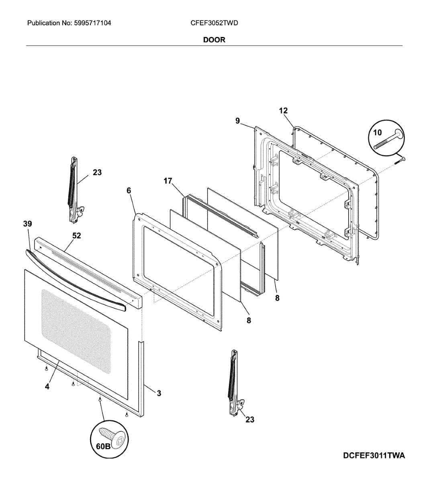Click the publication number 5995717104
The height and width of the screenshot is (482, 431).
click(x=92, y=23)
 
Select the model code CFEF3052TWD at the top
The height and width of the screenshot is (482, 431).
click(x=214, y=23)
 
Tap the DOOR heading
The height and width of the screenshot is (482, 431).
click(x=214, y=40)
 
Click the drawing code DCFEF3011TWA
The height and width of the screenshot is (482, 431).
click(x=374, y=455)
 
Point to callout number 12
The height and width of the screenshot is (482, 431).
click(x=283, y=110)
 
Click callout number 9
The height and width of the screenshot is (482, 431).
click(x=237, y=121)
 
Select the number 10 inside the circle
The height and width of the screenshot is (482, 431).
click(x=377, y=133)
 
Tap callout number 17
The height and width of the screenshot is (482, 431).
click(x=168, y=181)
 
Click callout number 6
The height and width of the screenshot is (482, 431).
click(x=129, y=190)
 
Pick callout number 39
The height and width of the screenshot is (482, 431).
click(x=28, y=224)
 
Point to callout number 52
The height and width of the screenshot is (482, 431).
click(x=77, y=235)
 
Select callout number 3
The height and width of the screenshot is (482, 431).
click(x=159, y=393)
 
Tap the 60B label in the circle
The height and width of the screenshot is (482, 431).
click(x=103, y=446)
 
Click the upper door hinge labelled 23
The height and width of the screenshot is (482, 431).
click(x=74, y=190)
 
